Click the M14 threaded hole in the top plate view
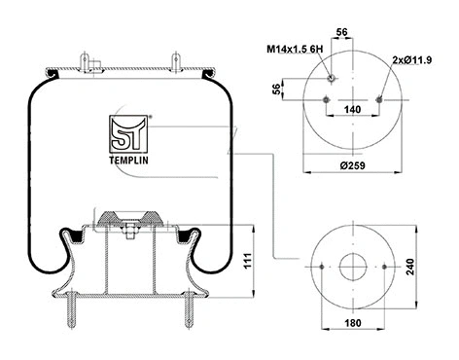click(333, 77)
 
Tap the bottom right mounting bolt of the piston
click(184, 311)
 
